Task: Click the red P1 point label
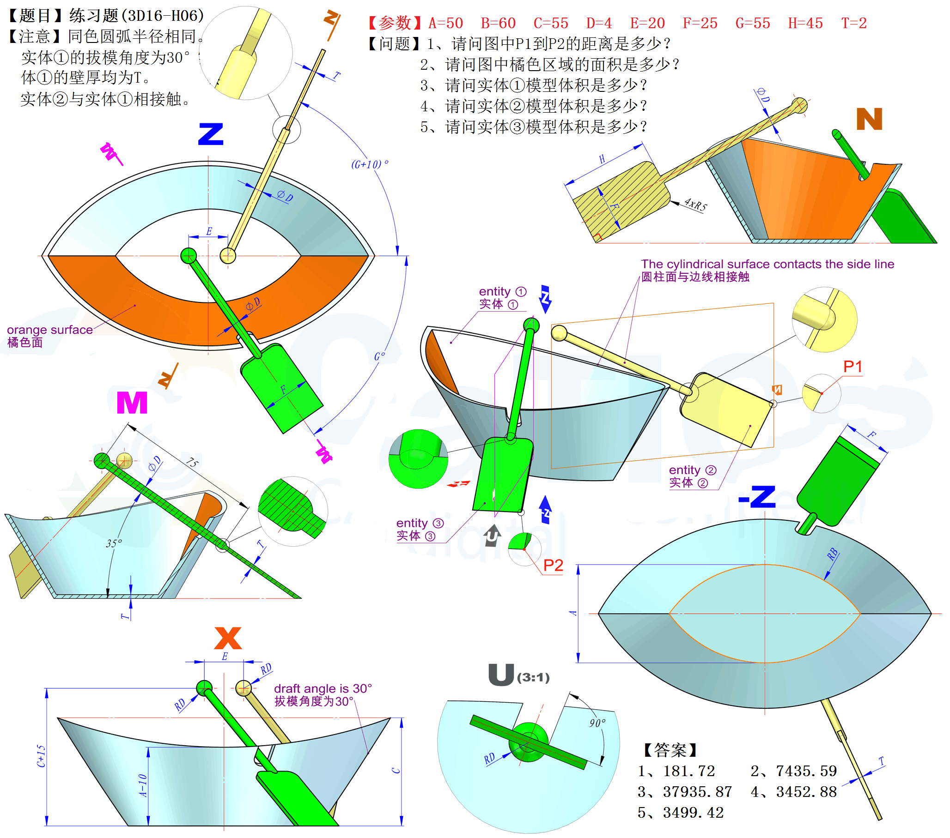click(853, 367)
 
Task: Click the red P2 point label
click(553, 566)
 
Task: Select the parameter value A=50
click(446, 23)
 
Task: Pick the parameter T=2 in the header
click(854, 23)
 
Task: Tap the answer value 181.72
click(689, 772)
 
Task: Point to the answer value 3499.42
click(693, 813)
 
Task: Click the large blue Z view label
click(211, 134)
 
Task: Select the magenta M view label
click(132, 403)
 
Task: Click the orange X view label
click(228, 638)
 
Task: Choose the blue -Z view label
click(757, 497)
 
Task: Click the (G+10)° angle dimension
click(370, 164)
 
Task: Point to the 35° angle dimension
click(114, 543)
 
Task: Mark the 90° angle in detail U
click(597, 723)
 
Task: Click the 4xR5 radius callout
click(695, 204)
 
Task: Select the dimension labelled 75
click(192, 463)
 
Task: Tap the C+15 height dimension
click(41, 756)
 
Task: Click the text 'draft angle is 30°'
click(323, 688)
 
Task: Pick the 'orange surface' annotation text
click(50, 330)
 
